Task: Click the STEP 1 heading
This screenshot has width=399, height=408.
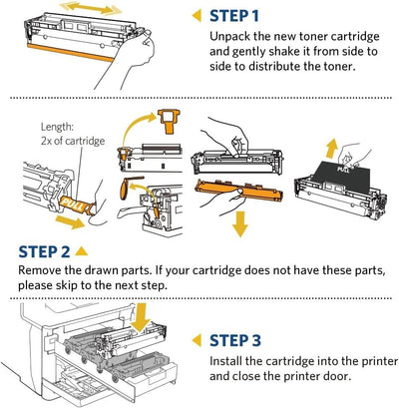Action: pos(234,16)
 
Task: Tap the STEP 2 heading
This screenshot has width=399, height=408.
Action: pos(44,251)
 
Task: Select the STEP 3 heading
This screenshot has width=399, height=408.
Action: pos(235,340)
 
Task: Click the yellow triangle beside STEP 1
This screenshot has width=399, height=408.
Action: pos(197,16)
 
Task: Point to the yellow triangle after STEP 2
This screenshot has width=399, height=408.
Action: pos(82,251)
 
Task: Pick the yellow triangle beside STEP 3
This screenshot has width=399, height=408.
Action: pos(197,340)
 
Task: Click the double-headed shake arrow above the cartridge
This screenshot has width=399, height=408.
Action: pos(91,8)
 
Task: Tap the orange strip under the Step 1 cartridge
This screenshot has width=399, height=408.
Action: pos(71,53)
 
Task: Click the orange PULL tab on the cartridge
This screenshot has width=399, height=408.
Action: pos(76,205)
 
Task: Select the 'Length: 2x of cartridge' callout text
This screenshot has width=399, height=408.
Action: pos(73,134)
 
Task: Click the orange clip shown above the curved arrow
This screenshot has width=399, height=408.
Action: pos(170,121)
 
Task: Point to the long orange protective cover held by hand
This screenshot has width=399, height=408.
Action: pos(238,191)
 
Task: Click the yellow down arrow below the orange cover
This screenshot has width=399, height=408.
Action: pos(240,224)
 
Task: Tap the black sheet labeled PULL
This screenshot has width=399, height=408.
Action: pos(342,179)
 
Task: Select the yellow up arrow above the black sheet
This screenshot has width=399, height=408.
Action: pos(331,149)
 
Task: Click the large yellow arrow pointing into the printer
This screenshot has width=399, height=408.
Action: pos(141,317)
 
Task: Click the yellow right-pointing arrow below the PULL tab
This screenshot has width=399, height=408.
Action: pos(71,221)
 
